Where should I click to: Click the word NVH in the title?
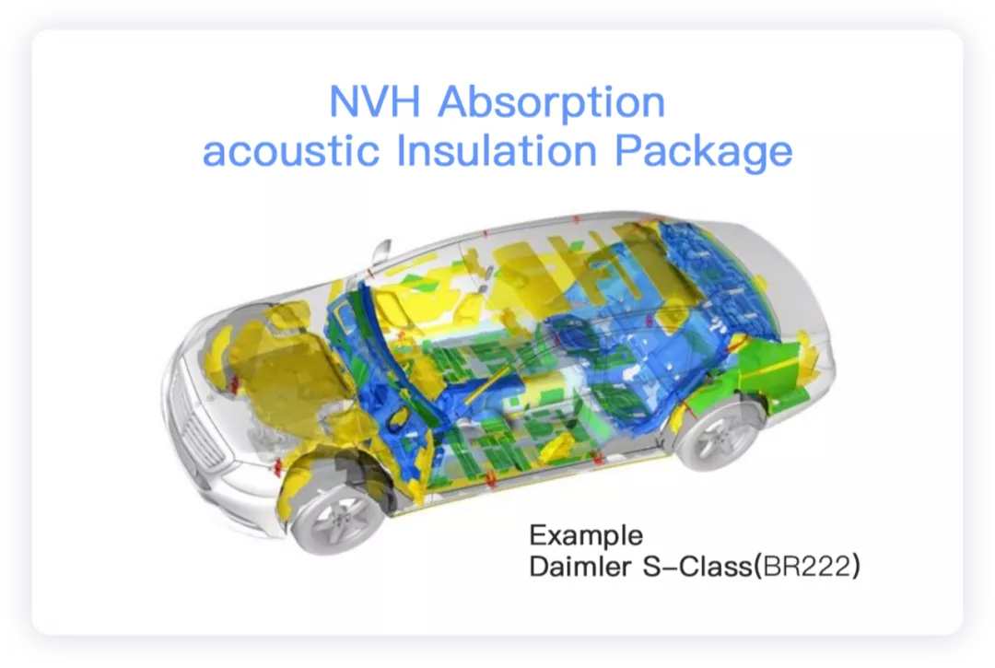click(x=374, y=101)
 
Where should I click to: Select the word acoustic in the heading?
click(x=290, y=152)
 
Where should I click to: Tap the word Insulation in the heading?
click(x=497, y=151)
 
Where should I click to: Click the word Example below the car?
click(x=586, y=536)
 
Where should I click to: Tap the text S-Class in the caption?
click(x=696, y=567)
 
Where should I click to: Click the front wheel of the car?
click(x=337, y=518)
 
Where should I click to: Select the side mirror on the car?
click(x=381, y=252)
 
